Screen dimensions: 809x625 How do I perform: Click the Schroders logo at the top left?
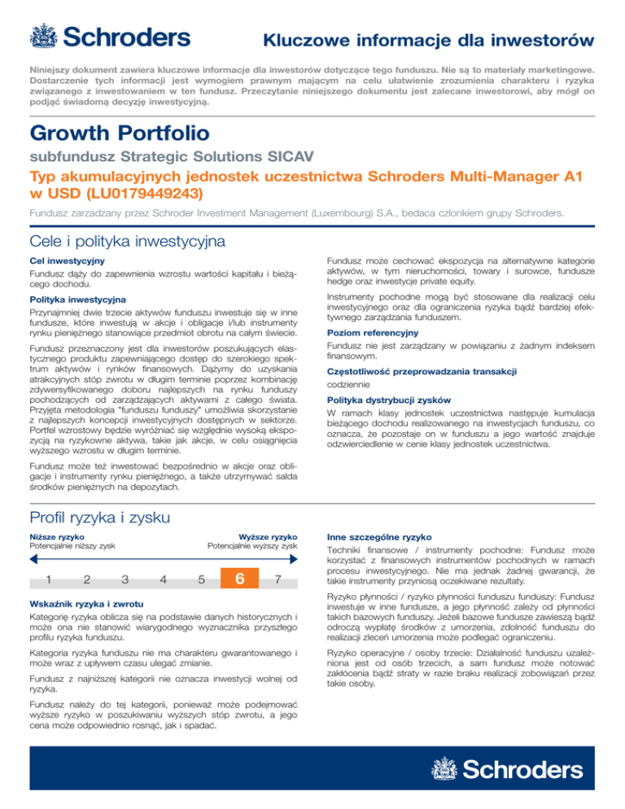pyautogui.click(x=110, y=37)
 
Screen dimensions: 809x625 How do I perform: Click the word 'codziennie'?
pyautogui.click(x=349, y=384)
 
